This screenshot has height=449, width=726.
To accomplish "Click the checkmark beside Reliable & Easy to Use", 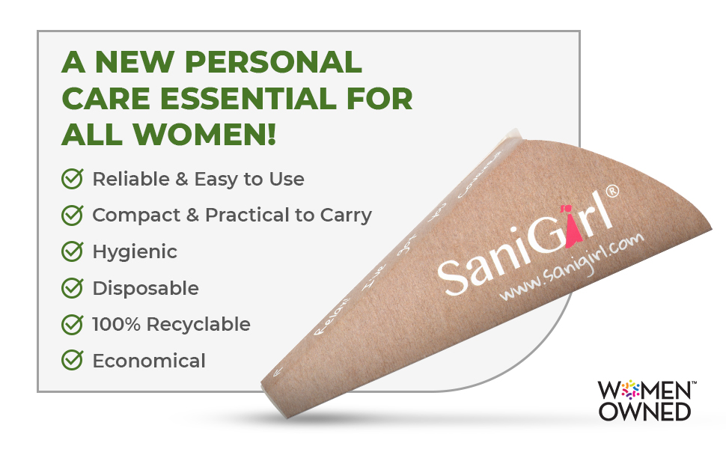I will [x=72, y=179].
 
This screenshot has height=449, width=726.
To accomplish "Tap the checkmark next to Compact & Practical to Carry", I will [x=72, y=216].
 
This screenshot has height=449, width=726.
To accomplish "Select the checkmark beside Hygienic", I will [x=72, y=251].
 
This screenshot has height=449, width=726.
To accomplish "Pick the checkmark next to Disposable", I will [x=72, y=288].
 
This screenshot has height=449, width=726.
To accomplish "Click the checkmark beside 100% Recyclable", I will [x=72, y=324].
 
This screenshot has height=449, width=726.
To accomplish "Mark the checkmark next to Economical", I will [x=72, y=361].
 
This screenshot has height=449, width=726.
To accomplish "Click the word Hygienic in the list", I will [x=135, y=252].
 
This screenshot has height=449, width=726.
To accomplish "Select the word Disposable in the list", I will [x=145, y=288].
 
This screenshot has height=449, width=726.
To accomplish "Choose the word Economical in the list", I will [x=148, y=361].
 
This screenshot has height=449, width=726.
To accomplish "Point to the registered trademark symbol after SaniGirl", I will [x=612, y=192].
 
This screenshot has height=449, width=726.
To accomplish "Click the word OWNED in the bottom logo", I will [x=644, y=411].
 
